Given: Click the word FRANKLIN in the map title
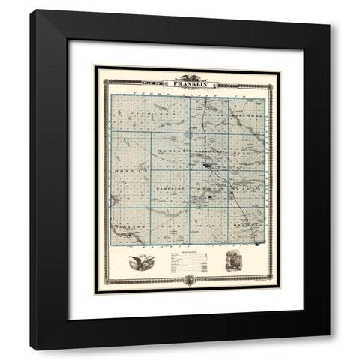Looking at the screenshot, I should pos(187,84).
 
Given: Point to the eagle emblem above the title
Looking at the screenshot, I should pos(187,76).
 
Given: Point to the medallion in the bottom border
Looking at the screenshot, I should pos(187,280).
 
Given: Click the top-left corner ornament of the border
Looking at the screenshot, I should pos(97,70).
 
